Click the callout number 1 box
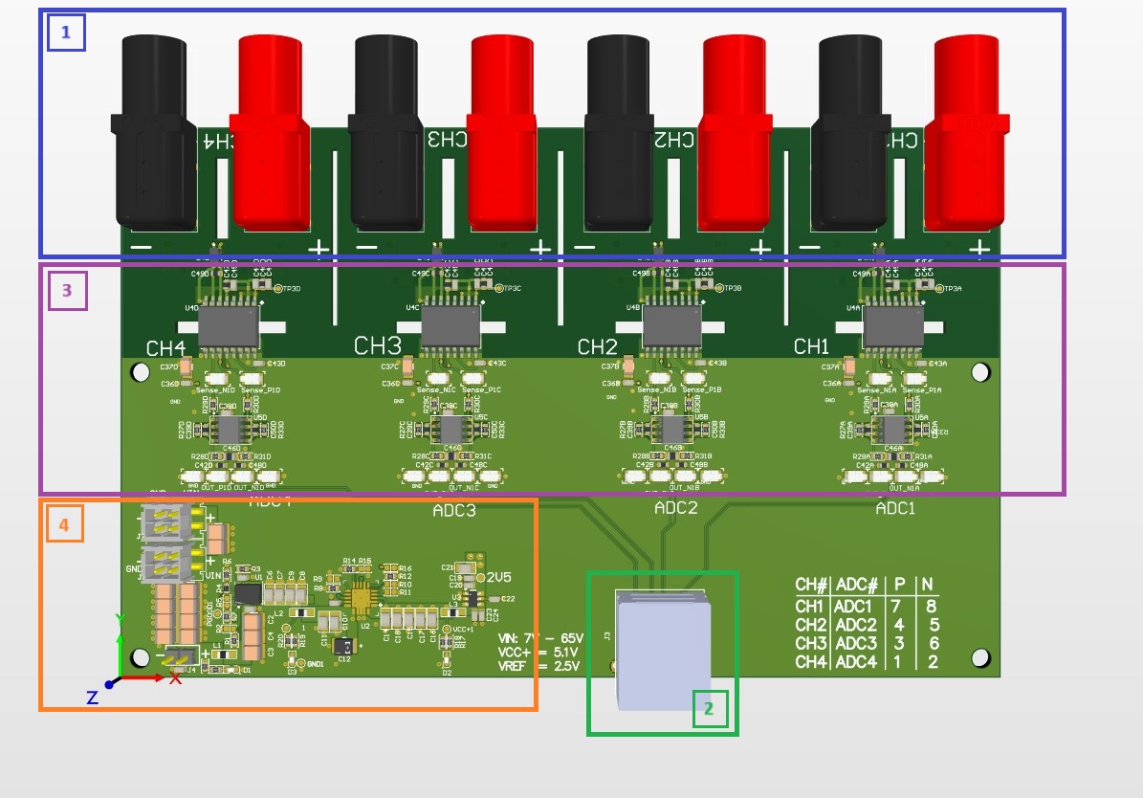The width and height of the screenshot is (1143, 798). pos(66,32)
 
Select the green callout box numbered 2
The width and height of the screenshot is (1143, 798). pos(709,709)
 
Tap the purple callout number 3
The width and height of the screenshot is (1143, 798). pos(67,291)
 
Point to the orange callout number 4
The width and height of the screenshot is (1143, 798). pos(64,524)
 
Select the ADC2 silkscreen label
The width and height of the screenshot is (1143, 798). pos(675,507)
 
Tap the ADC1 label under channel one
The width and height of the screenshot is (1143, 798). pos(895,509)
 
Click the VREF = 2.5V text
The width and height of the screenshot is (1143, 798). pos(539,667)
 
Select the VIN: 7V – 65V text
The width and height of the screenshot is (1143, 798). pos(539,637)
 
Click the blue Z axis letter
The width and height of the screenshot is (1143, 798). pos(92,698)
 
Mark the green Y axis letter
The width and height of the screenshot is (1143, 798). pos(120,619)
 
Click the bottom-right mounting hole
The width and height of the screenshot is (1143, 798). pos(979,657)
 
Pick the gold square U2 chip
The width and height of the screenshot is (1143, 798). pos(362,598)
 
